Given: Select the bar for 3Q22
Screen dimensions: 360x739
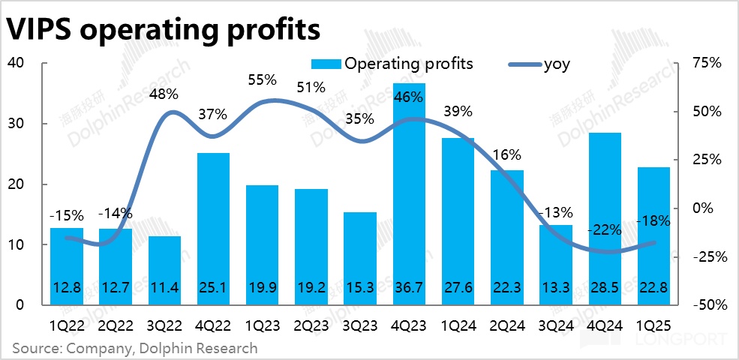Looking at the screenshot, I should [164, 271].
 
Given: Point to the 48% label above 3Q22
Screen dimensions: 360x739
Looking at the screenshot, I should [164, 94].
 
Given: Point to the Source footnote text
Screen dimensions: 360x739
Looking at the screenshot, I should [134, 348].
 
